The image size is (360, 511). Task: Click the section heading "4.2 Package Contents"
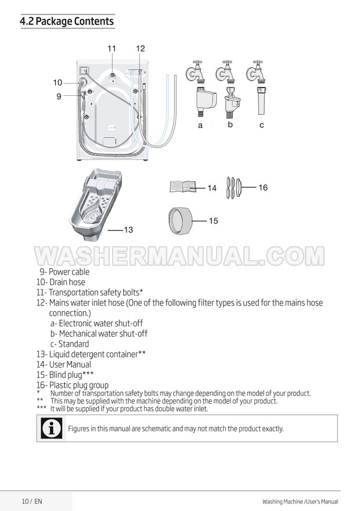pos(67,21)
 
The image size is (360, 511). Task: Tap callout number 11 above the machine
pos(111,49)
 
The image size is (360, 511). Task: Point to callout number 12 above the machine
pos(141,49)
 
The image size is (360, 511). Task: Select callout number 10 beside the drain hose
pos(57,83)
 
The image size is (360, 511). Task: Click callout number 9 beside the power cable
pos(59,96)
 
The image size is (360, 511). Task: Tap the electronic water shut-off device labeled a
pos(206,100)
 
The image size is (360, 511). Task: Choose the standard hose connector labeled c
pos(262,100)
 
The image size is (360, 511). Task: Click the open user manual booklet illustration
pos(183,187)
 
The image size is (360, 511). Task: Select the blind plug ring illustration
pos(179,221)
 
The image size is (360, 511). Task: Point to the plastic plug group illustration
pos(233,188)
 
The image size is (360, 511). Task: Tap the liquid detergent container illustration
pos(95,204)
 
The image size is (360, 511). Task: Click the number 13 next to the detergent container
pos(129,230)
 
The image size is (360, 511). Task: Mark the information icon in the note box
pos(52,428)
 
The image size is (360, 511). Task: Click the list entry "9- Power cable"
pos(64,272)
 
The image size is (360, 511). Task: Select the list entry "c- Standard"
pos(70,344)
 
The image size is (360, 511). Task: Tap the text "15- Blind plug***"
pos(65,375)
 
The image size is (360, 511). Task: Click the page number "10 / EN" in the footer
pos(32,501)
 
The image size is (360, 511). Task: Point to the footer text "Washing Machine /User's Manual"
pos(300,502)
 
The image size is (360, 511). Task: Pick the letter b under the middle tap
pos(231,124)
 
